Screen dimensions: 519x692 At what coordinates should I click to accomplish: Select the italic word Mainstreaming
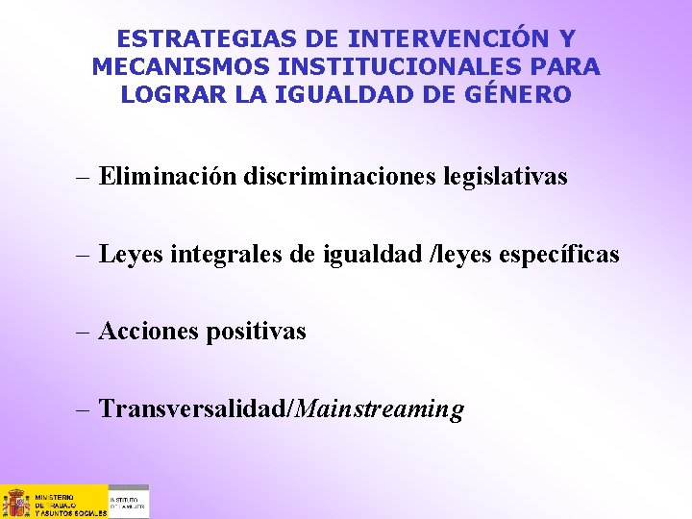[x=381, y=409]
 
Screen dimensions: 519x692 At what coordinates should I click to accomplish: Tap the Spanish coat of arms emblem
[x=16, y=502]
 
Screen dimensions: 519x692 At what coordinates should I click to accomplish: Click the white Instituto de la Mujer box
[x=128, y=502]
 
